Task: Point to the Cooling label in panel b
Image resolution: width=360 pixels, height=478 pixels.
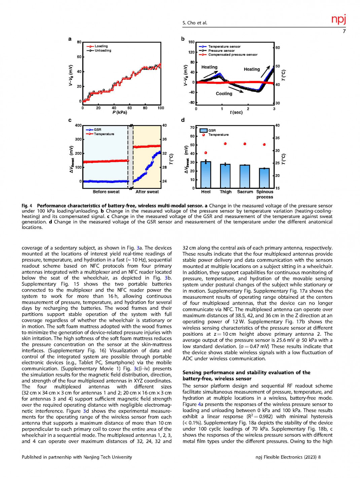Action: tap(224, 94)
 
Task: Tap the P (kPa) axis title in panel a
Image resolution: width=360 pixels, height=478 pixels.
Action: tap(120, 112)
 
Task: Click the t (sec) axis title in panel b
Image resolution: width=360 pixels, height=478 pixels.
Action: tap(236, 112)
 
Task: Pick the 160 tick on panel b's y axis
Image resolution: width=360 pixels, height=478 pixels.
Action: tap(191, 42)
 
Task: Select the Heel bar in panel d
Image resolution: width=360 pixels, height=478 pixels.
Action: tap(206, 175)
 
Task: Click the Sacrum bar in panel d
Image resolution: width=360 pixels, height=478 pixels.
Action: tap(245, 176)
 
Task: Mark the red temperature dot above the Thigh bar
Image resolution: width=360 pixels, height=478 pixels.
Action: tap(225, 144)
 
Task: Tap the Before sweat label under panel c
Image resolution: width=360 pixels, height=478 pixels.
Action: tap(106, 192)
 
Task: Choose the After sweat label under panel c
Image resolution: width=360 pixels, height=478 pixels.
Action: tap(147, 192)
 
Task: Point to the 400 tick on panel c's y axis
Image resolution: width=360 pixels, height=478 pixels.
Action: tap(78, 125)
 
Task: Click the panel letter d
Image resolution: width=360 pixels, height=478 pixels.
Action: tap(183, 120)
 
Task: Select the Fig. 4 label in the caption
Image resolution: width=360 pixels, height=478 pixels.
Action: tap(27, 206)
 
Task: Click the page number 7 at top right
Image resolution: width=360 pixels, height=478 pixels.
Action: tap(344, 31)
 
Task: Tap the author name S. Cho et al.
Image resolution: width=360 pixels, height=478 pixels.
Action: tap(195, 23)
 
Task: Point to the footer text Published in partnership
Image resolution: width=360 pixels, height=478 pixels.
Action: tap(77, 457)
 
